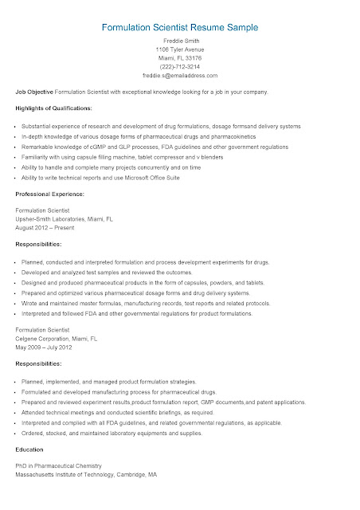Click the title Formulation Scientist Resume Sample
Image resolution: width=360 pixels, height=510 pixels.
click(x=179, y=27)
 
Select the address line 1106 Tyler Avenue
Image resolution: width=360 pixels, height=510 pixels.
click(x=179, y=49)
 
